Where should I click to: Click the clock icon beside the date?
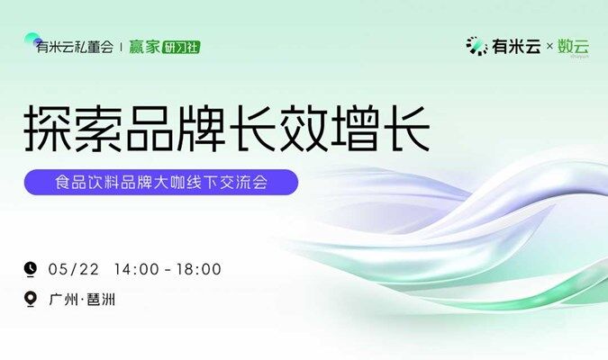[31, 269]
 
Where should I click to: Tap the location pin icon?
[31, 299]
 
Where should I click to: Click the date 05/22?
[74, 269]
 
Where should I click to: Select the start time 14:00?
[137, 269]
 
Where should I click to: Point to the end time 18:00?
[199, 269]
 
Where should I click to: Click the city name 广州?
[64, 300]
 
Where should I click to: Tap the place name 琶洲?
[101, 300]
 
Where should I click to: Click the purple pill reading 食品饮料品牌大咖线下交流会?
[161, 182]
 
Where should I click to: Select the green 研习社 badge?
[181, 48]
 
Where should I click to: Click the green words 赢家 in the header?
[144, 48]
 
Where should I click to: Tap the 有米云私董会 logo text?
[75, 48]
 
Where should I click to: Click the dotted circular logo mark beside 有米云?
[476, 46]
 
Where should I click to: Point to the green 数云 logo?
[573, 47]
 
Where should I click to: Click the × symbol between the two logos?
[549, 47]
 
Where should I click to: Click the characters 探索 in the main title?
[73, 128]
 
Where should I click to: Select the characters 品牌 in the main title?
[176, 128]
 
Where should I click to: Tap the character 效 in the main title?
[304, 128]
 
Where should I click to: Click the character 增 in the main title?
[354, 128]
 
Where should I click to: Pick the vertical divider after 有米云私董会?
[122, 48]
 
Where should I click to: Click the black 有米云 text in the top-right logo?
[516, 47]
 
